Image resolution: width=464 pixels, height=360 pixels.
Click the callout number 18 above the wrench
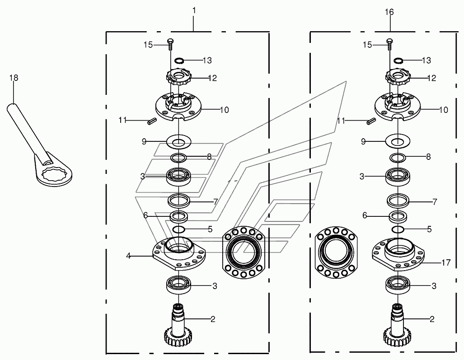[14, 78]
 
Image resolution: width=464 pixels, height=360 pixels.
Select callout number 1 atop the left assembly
[194, 11]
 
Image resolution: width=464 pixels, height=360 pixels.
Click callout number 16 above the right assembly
[389, 12]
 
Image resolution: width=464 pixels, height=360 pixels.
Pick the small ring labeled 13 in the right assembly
[398, 61]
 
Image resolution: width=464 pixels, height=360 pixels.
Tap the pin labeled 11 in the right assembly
[371, 121]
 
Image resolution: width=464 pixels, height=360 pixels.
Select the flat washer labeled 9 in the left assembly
[179, 142]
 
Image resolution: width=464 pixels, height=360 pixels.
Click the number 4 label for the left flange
[128, 256]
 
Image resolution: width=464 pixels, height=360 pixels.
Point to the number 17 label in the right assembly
[446, 262]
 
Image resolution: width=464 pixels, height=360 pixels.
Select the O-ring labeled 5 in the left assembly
[179, 229]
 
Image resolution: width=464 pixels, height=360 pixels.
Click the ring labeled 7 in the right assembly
[398, 201]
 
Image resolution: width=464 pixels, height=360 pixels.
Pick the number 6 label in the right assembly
[365, 215]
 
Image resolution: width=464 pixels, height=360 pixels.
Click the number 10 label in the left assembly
[225, 110]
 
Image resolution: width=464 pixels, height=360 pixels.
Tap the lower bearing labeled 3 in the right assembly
[398, 285]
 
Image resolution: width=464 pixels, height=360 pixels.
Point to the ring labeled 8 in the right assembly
[398, 158]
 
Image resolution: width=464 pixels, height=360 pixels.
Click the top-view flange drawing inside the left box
[244, 252]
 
